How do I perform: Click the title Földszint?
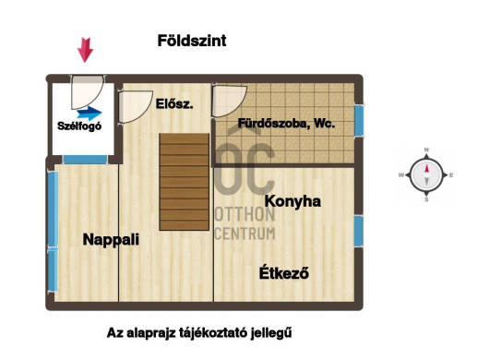(x=193, y=42)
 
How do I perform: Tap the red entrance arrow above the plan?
(x=85, y=49)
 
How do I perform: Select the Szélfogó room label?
(x=80, y=126)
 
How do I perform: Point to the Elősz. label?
(x=174, y=104)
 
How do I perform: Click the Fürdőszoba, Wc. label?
(x=286, y=123)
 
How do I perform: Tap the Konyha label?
(x=292, y=200)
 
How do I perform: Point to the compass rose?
(x=426, y=174)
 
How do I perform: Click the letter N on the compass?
(x=426, y=150)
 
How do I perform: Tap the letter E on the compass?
(x=450, y=174)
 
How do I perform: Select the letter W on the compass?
(x=401, y=174)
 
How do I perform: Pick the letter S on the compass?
(x=426, y=198)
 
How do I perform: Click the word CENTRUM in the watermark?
(x=244, y=233)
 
